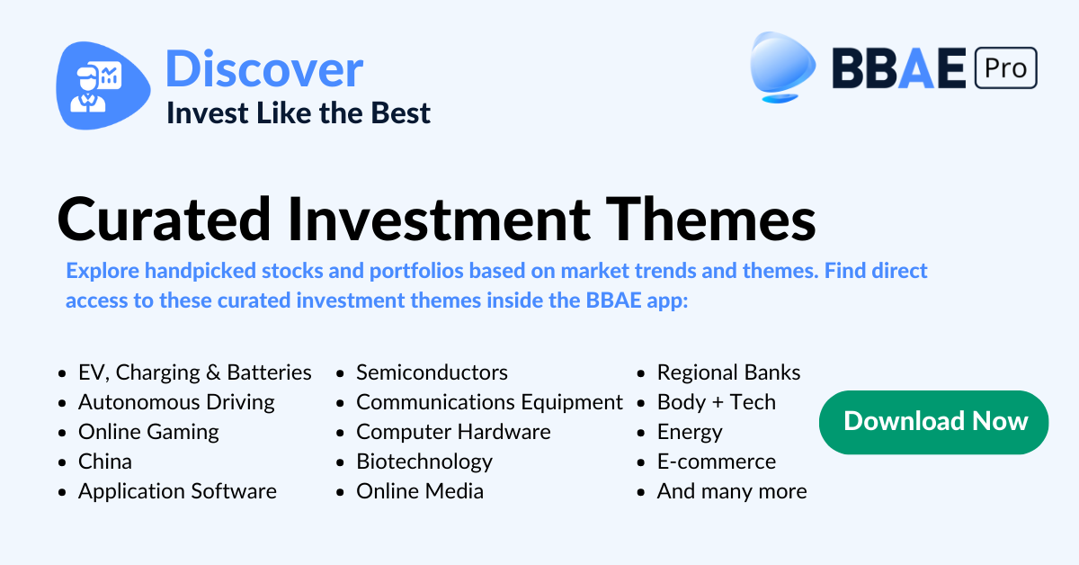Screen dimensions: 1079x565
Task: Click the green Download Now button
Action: click(933, 422)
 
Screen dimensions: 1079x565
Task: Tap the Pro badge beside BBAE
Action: click(1006, 68)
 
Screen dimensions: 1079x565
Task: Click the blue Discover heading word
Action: click(264, 69)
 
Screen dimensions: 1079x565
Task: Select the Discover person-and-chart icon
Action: click(103, 85)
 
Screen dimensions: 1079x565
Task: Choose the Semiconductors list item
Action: click(432, 372)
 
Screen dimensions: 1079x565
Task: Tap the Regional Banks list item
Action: click(729, 372)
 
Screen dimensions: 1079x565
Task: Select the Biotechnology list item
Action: click(424, 462)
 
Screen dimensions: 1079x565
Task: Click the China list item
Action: click(105, 462)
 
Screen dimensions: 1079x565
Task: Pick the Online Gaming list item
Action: click(148, 432)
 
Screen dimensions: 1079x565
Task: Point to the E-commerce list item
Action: click(717, 462)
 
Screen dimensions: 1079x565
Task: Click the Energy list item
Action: click(690, 432)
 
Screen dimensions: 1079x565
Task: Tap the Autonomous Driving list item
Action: click(176, 402)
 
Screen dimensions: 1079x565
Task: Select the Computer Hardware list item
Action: click(453, 432)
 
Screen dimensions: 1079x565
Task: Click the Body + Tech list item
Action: click(717, 402)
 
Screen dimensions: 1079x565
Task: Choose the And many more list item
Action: click(732, 492)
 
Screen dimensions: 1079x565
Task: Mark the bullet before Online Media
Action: click(340, 493)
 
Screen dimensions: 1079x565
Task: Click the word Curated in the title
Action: click(164, 220)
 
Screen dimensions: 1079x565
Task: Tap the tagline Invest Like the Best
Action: click(299, 113)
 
